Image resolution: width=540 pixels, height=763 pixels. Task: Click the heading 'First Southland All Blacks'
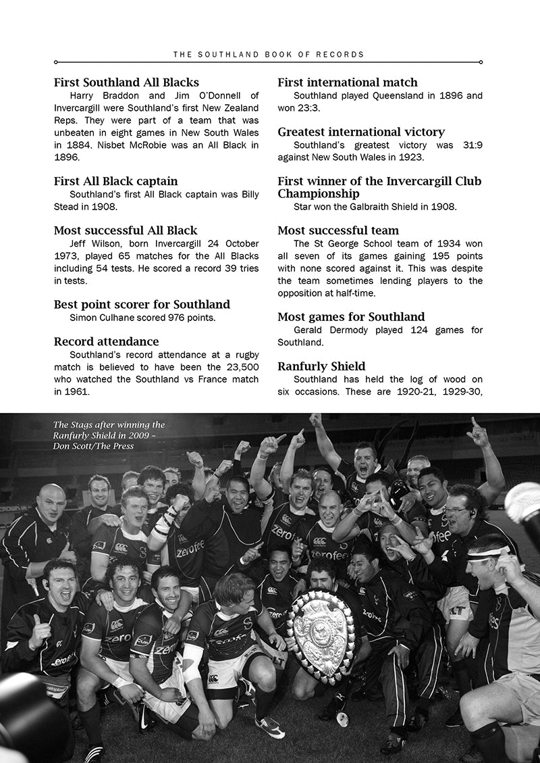click(x=126, y=82)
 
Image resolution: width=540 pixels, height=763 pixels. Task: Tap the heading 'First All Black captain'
click(x=116, y=181)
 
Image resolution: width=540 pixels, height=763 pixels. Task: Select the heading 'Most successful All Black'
click(x=126, y=230)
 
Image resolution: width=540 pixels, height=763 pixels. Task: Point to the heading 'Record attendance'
click(x=107, y=341)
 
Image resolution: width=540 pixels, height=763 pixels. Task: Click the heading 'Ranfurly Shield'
click(x=322, y=366)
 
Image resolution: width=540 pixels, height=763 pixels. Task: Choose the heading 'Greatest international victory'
click(x=361, y=132)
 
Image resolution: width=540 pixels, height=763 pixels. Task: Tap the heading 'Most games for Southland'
click(x=351, y=316)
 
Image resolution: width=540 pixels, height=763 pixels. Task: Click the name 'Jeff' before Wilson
click(x=81, y=244)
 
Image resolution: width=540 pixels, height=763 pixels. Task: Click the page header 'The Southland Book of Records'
click(x=269, y=54)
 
